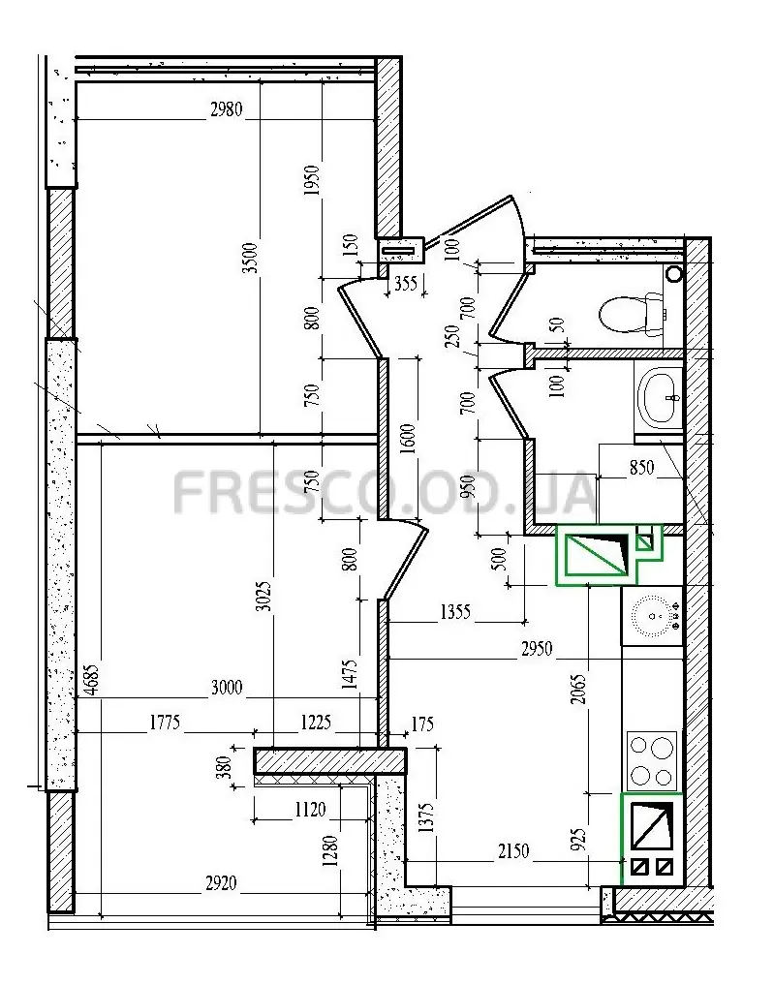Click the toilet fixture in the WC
[632, 313]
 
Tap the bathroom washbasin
[660, 397]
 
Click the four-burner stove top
[652, 760]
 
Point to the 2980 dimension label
[226, 109]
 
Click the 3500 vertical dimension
[251, 257]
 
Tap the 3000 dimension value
[227, 687]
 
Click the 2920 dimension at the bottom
[221, 883]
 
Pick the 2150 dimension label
[513, 851]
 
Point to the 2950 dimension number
[537, 648]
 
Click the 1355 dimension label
[455, 611]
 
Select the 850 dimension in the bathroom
[641, 467]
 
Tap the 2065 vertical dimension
[578, 689]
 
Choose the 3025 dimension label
[264, 597]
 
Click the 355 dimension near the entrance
[405, 284]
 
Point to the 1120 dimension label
[310, 809]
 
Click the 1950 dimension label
[312, 180]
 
